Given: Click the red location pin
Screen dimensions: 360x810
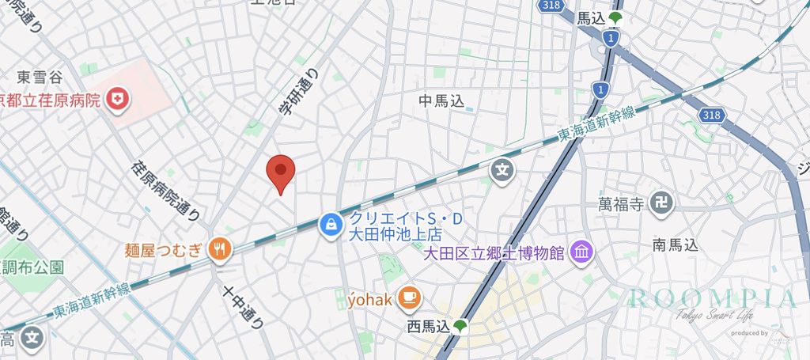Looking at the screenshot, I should pyautogui.click(x=280, y=172).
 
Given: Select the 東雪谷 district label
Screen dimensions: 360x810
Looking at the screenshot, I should pyautogui.click(x=40, y=77).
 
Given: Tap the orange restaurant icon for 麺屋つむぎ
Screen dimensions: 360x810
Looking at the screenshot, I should pyautogui.click(x=220, y=250).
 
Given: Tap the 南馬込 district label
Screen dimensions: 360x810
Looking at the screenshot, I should pyautogui.click(x=676, y=245).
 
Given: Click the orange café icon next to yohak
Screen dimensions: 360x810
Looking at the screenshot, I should pyautogui.click(x=410, y=297).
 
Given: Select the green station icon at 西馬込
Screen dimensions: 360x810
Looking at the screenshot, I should pyautogui.click(x=459, y=325).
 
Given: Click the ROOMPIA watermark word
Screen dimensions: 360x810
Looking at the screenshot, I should pyautogui.click(x=713, y=298).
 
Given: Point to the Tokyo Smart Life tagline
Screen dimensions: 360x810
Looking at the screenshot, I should pyautogui.click(x=713, y=316).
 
